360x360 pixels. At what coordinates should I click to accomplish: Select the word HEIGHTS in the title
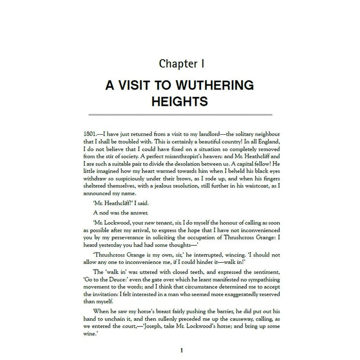click(x=180, y=101)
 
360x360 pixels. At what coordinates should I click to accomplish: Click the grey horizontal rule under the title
click(x=180, y=114)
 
